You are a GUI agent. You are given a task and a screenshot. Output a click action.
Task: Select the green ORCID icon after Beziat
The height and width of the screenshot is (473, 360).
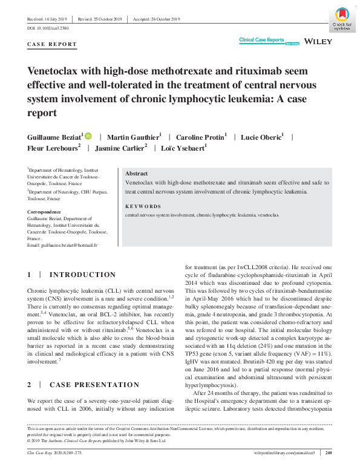click(88, 136)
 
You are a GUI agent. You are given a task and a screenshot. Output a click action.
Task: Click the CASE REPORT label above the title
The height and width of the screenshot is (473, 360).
click(52, 44)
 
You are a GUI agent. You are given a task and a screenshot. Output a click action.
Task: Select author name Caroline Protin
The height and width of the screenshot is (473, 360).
click(201, 137)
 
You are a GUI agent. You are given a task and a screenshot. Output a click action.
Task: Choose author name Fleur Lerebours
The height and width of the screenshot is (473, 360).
click(53, 148)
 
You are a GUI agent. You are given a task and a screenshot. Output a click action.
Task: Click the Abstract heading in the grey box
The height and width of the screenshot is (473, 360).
click(136, 173)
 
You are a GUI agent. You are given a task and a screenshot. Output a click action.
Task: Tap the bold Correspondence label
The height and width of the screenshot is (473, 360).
click(44, 212)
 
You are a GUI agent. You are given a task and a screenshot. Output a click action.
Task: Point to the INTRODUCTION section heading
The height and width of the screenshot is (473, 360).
click(82, 275)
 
